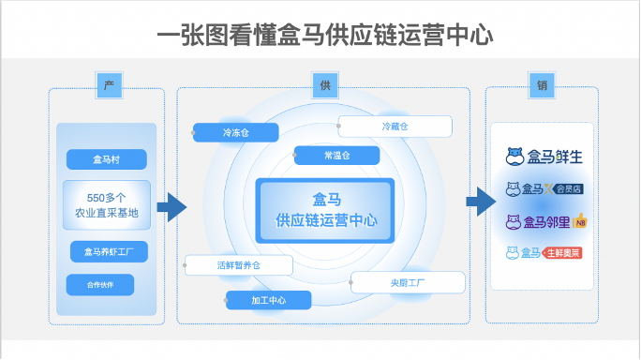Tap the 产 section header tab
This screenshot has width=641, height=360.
click(x=109, y=85)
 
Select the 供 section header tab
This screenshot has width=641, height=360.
click(x=324, y=85)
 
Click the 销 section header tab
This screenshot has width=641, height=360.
click(x=542, y=85)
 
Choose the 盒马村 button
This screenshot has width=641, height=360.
click(x=106, y=159)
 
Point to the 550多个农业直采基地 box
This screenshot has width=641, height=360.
click(x=106, y=205)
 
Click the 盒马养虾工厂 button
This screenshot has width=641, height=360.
click(x=108, y=251)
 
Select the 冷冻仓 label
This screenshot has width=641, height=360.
click(x=236, y=133)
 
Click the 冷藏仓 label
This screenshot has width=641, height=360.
click(x=395, y=127)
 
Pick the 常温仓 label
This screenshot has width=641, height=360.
click(x=336, y=155)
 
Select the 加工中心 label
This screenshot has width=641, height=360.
click(x=268, y=300)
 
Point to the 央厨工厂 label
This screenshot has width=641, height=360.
click(x=408, y=282)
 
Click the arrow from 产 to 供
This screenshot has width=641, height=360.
click(x=171, y=207)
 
